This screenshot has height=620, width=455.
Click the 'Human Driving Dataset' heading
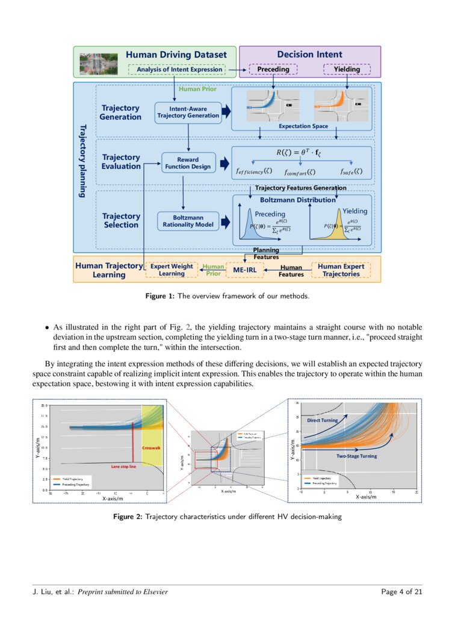tap(176, 55)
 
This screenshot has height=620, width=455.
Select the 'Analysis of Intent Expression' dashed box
tap(176, 70)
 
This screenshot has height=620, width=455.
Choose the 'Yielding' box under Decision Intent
tap(347, 70)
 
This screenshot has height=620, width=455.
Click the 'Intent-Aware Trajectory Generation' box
tap(188, 112)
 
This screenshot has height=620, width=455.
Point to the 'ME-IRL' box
tap(246, 270)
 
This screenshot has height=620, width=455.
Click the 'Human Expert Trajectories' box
tap(341, 270)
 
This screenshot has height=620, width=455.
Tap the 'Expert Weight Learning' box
tap(172, 270)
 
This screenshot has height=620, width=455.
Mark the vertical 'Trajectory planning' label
tap(83, 161)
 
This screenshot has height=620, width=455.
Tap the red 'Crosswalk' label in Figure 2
tap(150, 448)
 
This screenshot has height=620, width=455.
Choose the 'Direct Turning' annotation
tap(323, 420)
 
